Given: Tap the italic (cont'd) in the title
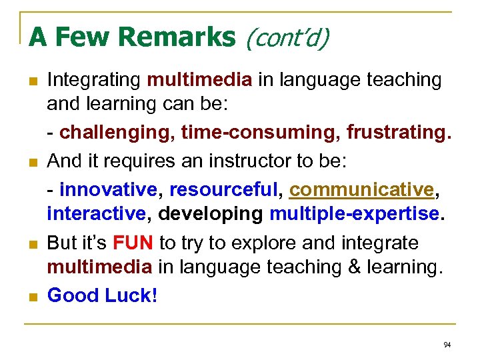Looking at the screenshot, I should (287, 38).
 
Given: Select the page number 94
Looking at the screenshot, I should (447, 345).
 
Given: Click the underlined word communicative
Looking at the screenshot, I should (361, 189).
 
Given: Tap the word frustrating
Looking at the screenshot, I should (398, 133).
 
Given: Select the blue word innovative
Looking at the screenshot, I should (107, 189).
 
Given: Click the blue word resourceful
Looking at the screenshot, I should (223, 189).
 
